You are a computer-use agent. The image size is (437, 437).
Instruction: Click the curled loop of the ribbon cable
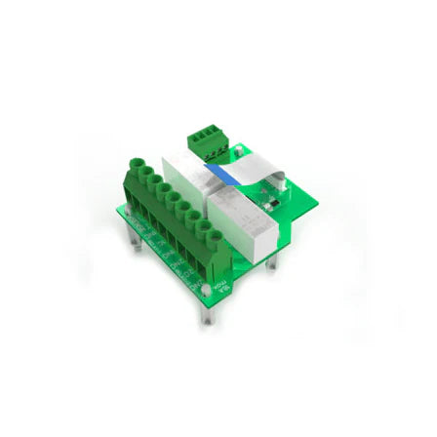pos(278,179)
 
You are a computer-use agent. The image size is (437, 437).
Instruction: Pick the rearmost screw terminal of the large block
pos(136,167)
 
